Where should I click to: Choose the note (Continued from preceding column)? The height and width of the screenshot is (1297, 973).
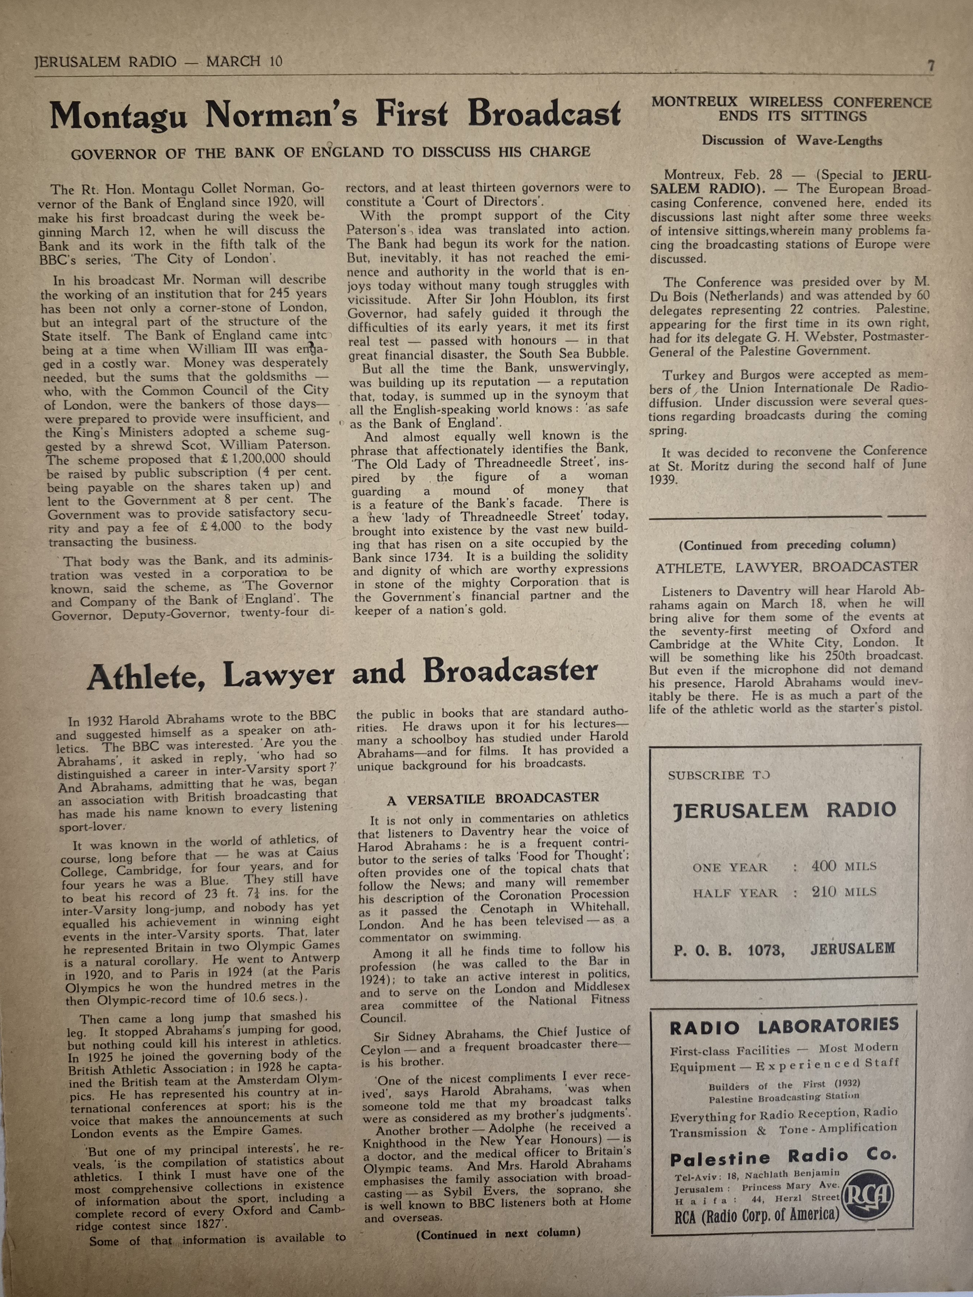point(787,545)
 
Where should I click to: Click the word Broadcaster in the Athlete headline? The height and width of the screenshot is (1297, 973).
point(510,671)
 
